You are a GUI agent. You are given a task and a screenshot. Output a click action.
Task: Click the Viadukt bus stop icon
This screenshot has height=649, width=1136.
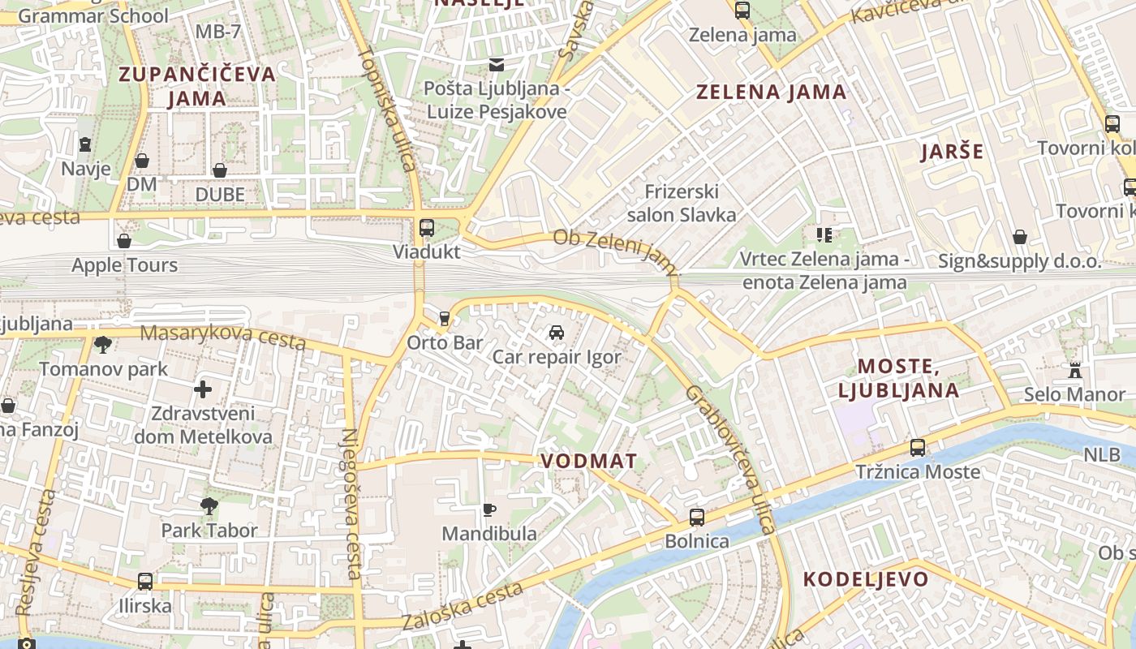427,227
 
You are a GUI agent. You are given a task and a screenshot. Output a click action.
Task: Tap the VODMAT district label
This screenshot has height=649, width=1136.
589,461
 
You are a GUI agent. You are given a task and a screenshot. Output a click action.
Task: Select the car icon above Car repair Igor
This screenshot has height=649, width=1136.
556,333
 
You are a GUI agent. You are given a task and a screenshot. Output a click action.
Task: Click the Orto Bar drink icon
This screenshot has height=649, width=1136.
444,318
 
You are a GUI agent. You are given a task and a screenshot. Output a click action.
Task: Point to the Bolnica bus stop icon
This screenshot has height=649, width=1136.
696,517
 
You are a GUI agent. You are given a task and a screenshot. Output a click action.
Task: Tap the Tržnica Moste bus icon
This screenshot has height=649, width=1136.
918,447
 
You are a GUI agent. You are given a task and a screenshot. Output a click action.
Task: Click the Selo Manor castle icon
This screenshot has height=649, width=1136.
1075,371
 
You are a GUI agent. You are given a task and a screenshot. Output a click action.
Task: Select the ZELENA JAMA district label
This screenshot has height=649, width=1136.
772,92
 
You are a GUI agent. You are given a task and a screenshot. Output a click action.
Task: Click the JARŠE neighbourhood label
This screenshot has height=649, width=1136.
953,152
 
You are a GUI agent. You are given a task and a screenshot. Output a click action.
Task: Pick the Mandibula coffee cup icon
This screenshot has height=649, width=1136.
488,509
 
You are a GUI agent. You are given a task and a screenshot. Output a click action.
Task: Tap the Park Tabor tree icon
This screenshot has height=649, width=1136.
209,506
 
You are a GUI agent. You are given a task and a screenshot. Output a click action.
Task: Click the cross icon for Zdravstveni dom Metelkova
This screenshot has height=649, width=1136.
203,389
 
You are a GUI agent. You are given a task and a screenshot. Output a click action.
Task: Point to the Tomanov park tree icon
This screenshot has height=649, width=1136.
103,345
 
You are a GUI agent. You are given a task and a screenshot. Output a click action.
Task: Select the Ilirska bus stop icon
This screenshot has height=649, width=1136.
145,582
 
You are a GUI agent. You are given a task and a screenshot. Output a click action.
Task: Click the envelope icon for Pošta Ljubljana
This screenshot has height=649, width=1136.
496,65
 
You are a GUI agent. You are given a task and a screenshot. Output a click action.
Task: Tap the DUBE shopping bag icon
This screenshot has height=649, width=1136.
219,170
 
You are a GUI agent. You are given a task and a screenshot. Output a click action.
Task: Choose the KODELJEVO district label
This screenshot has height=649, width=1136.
866,579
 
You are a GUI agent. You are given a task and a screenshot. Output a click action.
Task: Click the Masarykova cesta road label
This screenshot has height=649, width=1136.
223,337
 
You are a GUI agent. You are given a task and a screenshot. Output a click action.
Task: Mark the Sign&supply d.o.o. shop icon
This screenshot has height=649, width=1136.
1020,237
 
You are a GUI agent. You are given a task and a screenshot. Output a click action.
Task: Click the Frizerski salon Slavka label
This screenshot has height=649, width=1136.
682,203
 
